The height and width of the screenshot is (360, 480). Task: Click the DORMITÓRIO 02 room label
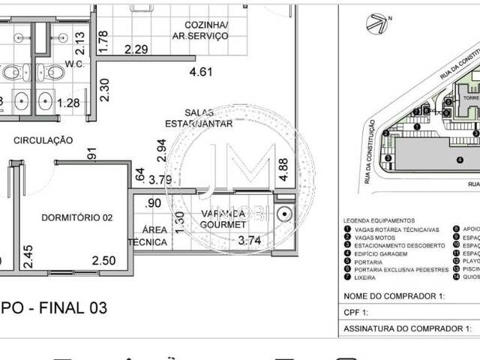76,217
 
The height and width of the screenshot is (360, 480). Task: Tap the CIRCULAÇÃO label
43,139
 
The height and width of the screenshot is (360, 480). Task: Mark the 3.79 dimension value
160,179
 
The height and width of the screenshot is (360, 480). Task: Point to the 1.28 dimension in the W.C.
68,103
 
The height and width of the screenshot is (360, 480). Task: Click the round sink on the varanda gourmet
283,214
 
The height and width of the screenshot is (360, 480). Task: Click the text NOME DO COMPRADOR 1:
393,296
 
